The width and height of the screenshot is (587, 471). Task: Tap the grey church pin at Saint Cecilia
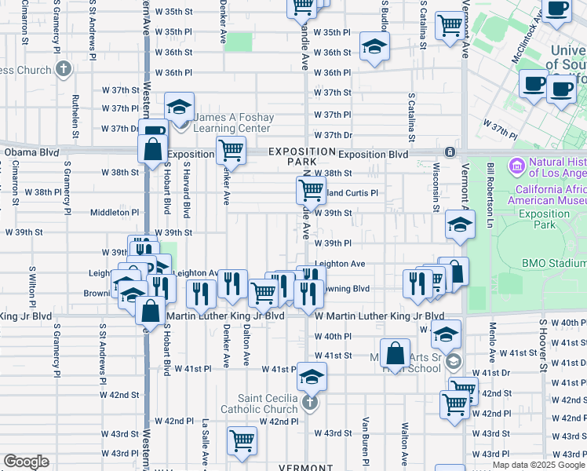point(310,404)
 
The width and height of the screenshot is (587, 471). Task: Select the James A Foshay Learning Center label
point(234,122)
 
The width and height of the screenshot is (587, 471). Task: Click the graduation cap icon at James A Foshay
point(180,107)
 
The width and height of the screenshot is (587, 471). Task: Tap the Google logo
point(26,462)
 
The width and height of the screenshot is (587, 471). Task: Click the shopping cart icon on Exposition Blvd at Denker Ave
point(231,149)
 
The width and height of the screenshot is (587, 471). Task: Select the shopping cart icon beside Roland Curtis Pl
point(311,189)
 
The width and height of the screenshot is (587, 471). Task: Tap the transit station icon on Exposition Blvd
point(450,152)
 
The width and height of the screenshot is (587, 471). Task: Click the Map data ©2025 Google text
point(538,465)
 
